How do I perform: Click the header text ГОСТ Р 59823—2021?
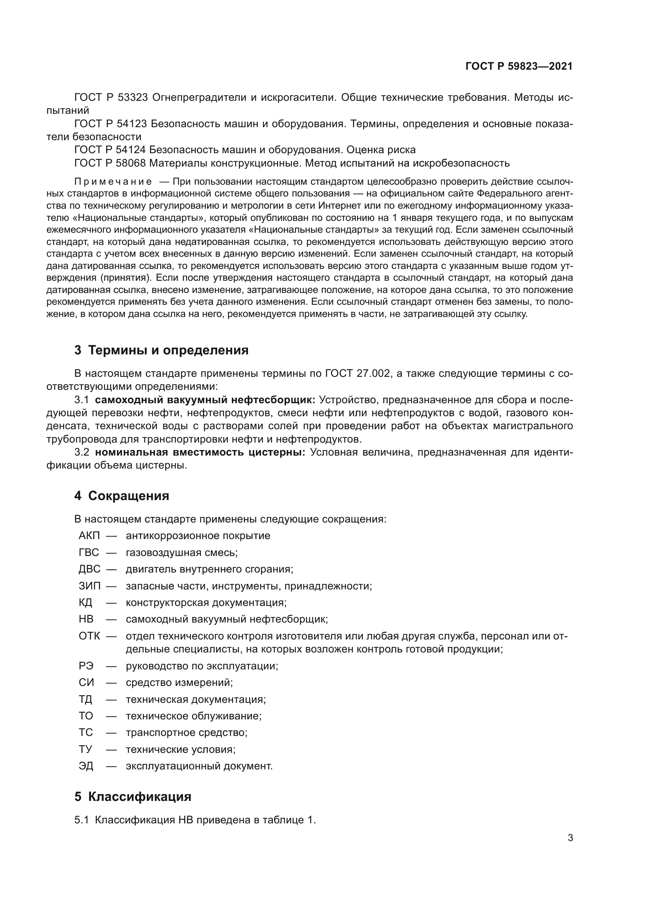pyautogui.click(x=519, y=66)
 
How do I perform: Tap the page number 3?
pyautogui.click(x=570, y=838)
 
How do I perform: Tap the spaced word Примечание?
pyautogui.click(x=113, y=182)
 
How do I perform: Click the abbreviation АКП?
pyautogui.click(x=89, y=536)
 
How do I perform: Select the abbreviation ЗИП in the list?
pyautogui.click(x=89, y=586)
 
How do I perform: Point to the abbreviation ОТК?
pyautogui.click(x=89, y=636)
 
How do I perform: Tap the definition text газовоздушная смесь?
pyautogui.click(x=181, y=552)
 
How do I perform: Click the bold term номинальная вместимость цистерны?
pyautogui.click(x=200, y=452)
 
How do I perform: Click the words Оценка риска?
pyautogui.click(x=381, y=150)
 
